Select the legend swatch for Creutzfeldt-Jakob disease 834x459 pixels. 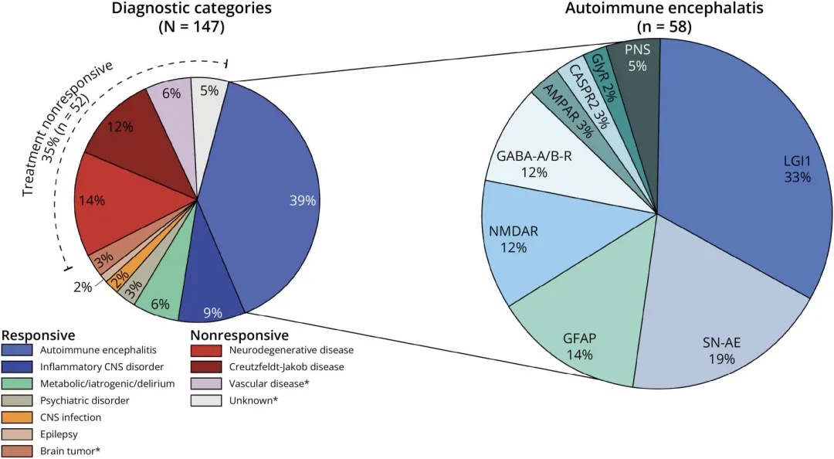click(206, 367)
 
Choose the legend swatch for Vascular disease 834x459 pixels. click(206, 383)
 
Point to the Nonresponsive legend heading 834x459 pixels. click(240, 335)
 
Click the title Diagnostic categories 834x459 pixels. click(192, 8)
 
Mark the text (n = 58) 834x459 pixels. click(664, 26)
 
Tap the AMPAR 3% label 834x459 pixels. click(567, 111)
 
